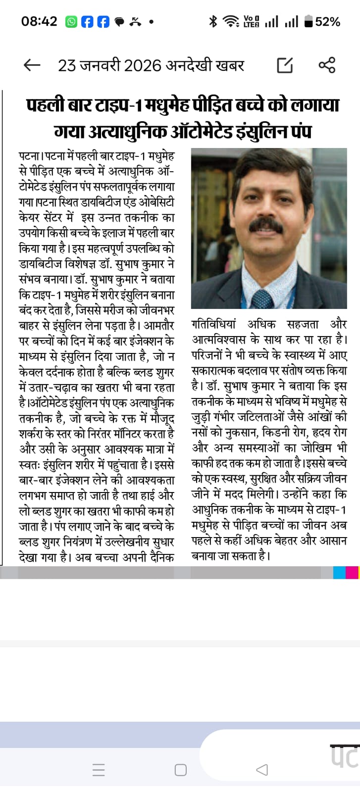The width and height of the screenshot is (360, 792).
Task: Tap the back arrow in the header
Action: tap(32, 65)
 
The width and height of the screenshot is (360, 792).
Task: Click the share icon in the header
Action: tap(327, 65)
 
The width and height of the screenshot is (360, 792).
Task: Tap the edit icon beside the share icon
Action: tap(285, 65)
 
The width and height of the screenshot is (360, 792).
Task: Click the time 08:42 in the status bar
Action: tap(39, 21)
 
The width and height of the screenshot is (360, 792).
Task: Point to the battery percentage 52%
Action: tap(327, 22)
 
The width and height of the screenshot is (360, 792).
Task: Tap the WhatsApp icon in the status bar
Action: tap(71, 22)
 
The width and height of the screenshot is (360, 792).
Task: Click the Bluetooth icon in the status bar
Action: tap(213, 21)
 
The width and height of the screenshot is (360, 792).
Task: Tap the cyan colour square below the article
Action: tap(339, 573)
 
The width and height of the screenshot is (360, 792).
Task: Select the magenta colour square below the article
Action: tap(352, 573)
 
